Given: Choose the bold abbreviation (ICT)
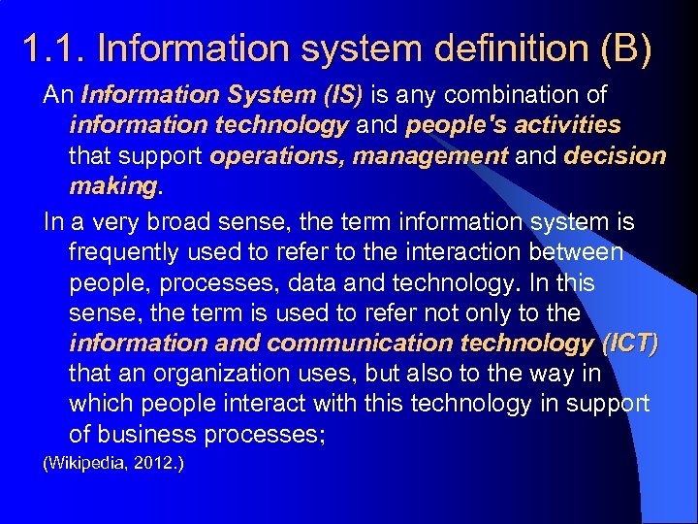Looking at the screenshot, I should coord(628,343).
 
